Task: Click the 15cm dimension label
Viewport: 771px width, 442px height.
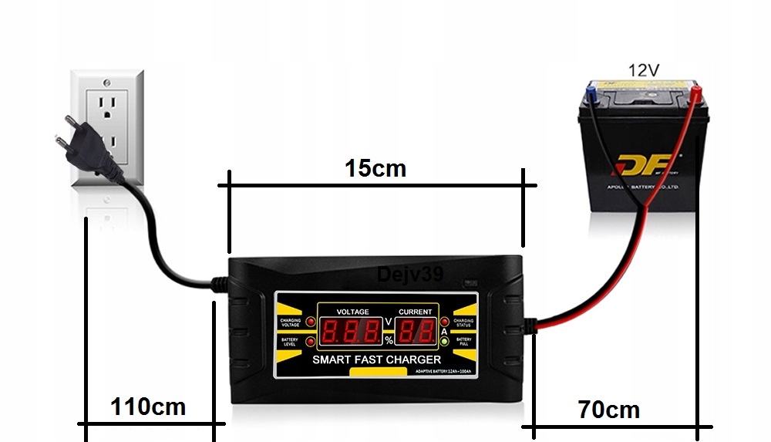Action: [x=375, y=167]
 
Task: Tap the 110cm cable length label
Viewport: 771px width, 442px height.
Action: [x=147, y=406]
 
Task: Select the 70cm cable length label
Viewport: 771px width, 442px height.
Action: [x=608, y=410]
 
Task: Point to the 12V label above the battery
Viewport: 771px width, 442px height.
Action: [x=643, y=70]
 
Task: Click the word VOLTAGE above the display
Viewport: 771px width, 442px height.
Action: [x=353, y=312]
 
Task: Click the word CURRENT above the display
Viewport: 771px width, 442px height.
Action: [x=415, y=312]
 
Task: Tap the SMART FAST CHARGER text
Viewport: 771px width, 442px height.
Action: [x=376, y=359]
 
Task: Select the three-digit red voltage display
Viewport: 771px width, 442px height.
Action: [x=351, y=332]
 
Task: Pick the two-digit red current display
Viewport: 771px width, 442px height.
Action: [x=416, y=332]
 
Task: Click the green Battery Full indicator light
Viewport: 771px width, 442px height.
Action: [x=444, y=341]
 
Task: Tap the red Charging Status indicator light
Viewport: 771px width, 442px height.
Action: [x=444, y=322]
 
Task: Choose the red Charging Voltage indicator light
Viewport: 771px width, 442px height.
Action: [x=311, y=322]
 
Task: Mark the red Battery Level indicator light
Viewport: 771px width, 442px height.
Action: [x=311, y=341]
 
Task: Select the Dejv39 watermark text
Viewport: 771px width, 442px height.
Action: [x=410, y=275]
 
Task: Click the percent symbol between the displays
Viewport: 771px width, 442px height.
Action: [x=389, y=340]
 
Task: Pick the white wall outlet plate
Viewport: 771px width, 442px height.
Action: [x=108, y=128]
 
